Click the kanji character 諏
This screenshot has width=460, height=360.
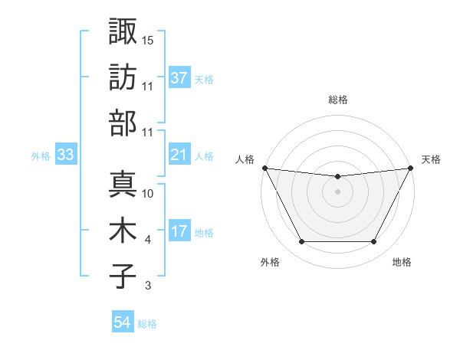[123, 31]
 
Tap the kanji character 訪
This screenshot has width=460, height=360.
[123, 77]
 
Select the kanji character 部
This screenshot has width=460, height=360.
[123, 123]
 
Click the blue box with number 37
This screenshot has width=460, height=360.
[179, 77]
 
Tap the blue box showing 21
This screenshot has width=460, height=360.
[179, 155]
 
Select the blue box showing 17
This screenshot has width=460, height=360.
[179, 231]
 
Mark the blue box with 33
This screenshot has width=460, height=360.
[65, 155]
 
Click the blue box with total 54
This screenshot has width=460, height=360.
[122, 322]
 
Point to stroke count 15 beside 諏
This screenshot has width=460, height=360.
[149, 40]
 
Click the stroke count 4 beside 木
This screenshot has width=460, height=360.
[147, 240]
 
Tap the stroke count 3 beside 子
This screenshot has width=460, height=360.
[147, 286]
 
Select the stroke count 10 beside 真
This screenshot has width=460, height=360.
[149, 194]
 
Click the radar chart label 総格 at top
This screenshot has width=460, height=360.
[337, 100]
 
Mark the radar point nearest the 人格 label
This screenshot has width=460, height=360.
[264, 168]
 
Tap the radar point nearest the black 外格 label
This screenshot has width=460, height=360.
[301, 242]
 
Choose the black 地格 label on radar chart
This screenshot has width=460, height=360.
[402, 262]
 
